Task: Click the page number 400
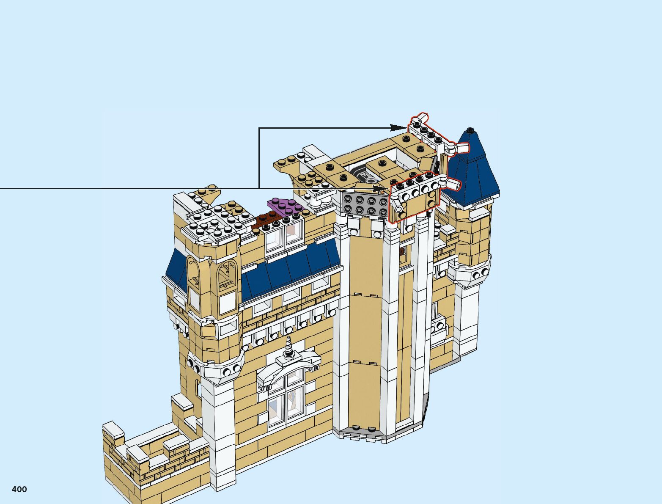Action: (x=19, y=489)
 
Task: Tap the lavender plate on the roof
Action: (x=285, y=206)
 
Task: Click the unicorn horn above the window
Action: (x=289, y=347)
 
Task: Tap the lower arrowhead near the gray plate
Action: (x=379, y=188)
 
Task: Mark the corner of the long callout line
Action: (x=259, y=128)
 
